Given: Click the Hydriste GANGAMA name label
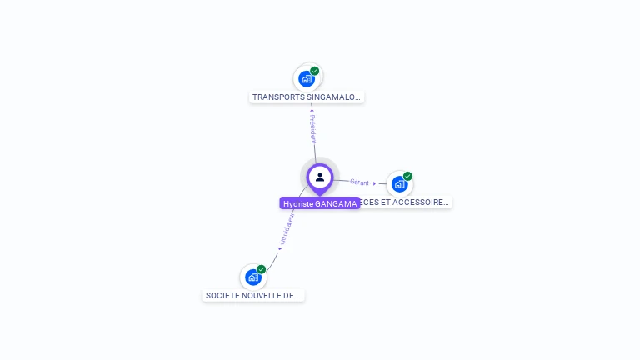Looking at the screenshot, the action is point(320,203).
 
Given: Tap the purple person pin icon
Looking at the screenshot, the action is point(320,177).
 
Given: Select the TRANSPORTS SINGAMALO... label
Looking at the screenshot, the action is point(307,97).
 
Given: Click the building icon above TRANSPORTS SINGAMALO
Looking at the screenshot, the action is point(307,79).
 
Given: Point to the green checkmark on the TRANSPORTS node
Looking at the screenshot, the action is point(315,71).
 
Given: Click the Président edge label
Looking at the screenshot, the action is point(312,129).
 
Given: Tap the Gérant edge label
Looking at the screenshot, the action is point(360,182).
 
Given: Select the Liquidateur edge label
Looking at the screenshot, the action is point(286,228).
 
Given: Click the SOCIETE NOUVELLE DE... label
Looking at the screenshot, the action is point(253,295).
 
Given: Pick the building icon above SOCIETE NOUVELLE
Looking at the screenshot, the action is point(252,277).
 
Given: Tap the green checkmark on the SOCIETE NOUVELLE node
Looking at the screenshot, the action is point(262,269).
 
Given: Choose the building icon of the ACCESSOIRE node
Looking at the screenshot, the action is point(399,184).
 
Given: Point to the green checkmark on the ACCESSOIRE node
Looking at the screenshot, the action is point(407,176).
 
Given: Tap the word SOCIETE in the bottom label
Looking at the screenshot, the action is point(222,295).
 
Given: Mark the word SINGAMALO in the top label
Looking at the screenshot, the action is point(333,97).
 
